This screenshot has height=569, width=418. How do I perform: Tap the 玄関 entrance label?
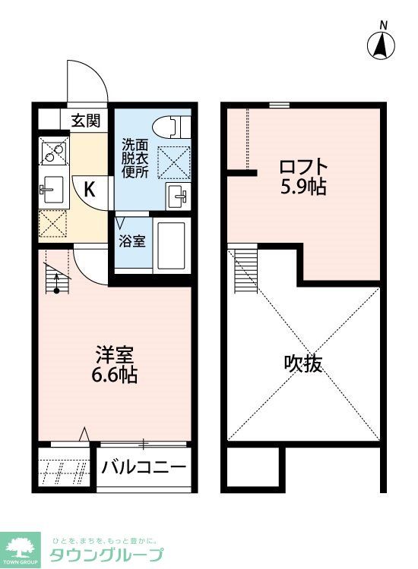tap(87, 120)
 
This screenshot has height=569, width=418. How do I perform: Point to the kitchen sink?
tap(53, 186)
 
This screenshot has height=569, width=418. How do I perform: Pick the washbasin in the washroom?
tap(177, 196)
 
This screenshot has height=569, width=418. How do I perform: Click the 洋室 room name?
tap(115, 354)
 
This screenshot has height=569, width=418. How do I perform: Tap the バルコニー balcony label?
tap(144, 465)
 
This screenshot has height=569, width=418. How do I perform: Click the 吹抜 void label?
tap(303, 363)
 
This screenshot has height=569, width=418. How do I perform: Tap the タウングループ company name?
tap(106, 555)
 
